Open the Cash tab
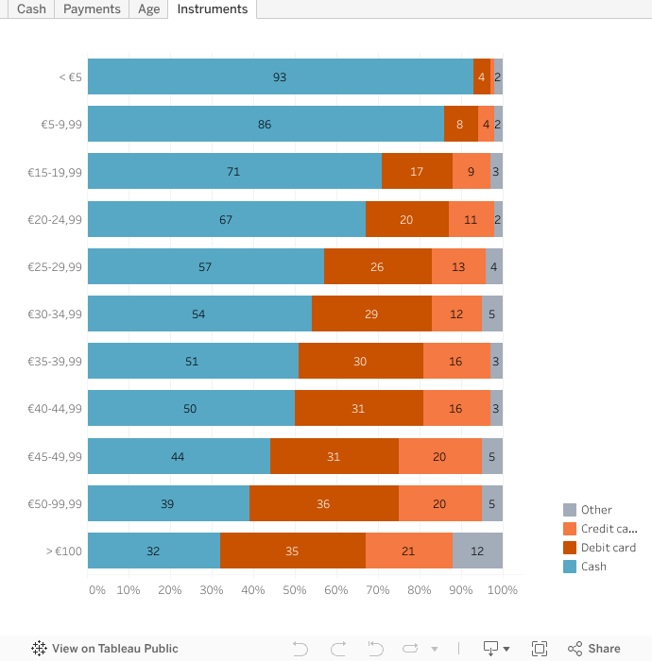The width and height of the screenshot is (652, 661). pyautogui.click(x=31, y=9)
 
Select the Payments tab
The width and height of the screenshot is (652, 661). pyautogui.click(x=92, y=9)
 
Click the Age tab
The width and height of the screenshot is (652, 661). pyautogui.click(x=148, y=9)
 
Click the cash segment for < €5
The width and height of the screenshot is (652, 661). pyautogui.click(x=280, y=76)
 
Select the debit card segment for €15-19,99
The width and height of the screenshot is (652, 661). pyautogui.click(x=417, y=172)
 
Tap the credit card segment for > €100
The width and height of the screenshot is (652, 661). pyautogui.click(x=408, y=551)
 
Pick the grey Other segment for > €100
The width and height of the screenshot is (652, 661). pyautogui.click(x=477, y=551)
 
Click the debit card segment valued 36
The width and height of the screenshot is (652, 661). pyautogui.click(x=323, y=504)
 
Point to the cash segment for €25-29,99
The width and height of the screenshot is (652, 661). pyautogui.click(x=205, y=267)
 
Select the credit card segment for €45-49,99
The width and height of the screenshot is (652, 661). pyautogui.click(x=439, y=457)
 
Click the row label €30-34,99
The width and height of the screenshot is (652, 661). pyautogui.click(x=55, y=314)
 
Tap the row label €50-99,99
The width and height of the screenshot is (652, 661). pyautogui.click(x=55, y=504)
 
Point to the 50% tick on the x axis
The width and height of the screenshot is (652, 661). pyautogui.click(x=295, y=590)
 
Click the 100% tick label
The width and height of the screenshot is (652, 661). pyautogui.click(x=502, y=590)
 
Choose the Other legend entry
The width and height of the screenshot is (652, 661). pyautogui.click(x=596, y=510)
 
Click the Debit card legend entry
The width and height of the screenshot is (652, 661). pyautogui.click(x=608, y=548)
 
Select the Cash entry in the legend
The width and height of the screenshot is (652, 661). pyautogui.click(x=593, y=567)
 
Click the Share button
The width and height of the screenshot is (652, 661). pyautogui.click(x=594, y=649)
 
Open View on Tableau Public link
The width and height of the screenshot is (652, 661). pyautogui.click(x=105, y=649)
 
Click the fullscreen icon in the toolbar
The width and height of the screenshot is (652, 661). pyautogui.click(x=540, y=649)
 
